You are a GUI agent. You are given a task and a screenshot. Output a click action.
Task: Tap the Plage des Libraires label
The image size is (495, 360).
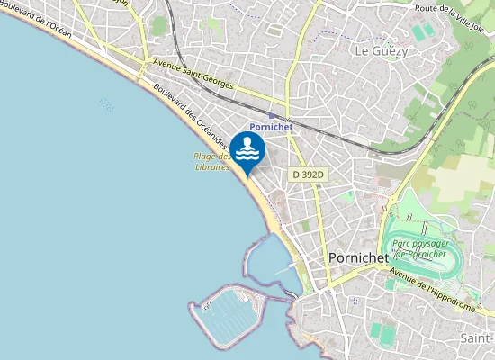click(212, 161)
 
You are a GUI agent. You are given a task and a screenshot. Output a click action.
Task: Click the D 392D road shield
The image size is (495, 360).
click(307, 174)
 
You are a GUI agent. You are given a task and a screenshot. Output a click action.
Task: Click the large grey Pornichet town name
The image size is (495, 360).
click(358, 257)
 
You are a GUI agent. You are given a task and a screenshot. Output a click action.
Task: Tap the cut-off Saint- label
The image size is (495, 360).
click(476, 337)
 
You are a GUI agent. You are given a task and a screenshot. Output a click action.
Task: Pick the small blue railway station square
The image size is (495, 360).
click(272, 115)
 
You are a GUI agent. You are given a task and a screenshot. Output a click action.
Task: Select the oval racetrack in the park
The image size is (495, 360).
click(421, 247)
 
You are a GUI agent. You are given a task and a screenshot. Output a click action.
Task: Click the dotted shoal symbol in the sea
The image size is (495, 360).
click(107, 105)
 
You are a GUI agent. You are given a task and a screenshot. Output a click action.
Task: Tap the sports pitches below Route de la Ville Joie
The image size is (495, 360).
click(423, 31)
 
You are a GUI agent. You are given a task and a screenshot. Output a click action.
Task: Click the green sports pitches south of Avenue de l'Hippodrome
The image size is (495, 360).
click(387, 335)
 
